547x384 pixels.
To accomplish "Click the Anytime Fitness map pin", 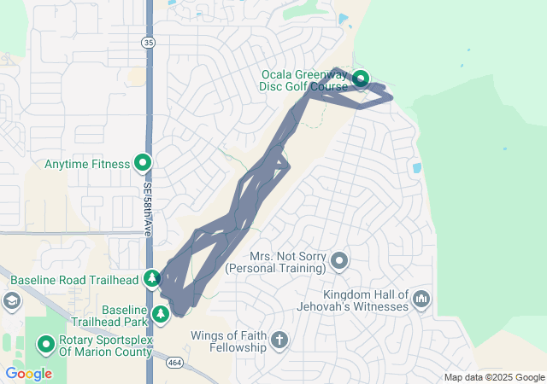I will (142, 163).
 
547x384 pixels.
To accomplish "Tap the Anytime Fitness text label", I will (88, 163).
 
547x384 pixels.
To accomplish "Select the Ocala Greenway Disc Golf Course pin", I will (361, 80).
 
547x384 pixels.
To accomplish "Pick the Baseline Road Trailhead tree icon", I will (152, 278).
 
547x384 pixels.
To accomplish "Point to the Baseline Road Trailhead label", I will (75, 279).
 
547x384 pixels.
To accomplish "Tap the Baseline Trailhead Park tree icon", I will (161, 315).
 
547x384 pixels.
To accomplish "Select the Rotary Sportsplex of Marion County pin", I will (45, 345).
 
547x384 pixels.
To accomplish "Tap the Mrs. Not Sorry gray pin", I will (339, 260).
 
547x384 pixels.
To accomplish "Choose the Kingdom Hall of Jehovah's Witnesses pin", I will (421, 300).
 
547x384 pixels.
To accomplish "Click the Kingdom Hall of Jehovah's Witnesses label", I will (353, 300).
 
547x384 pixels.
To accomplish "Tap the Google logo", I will (29, 374).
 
